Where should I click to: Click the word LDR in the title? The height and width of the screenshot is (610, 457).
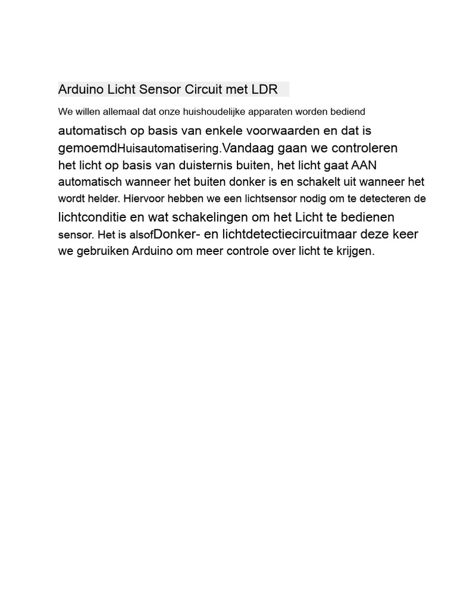point(265,89)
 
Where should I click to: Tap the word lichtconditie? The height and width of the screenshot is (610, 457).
point(92,217)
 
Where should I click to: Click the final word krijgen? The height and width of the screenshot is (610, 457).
point(355,251)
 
